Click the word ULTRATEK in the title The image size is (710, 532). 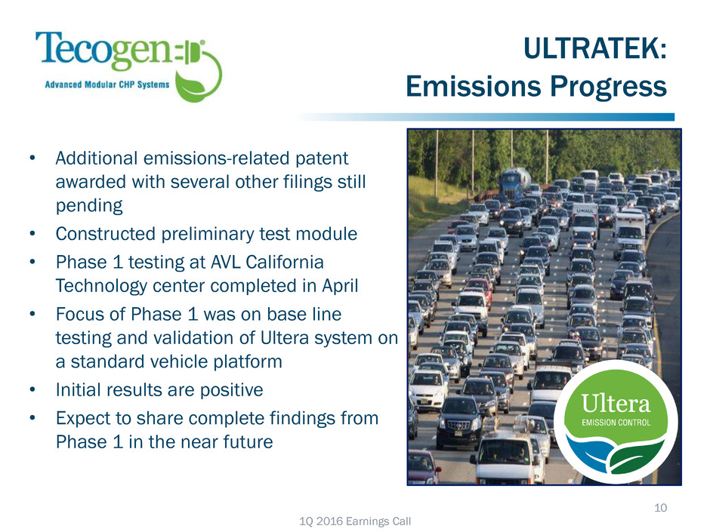595,48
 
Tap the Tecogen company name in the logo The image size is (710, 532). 103,50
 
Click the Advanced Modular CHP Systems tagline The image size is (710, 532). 106,85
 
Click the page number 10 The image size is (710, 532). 660,508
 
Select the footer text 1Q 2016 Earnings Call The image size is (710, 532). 355,521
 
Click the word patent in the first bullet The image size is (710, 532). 322,158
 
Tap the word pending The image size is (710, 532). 89,206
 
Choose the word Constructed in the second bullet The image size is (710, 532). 106,234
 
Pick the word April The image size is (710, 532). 340,286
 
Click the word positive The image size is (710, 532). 231,390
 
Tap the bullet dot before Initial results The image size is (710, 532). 32,389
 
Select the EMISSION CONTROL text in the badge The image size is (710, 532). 616,423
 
